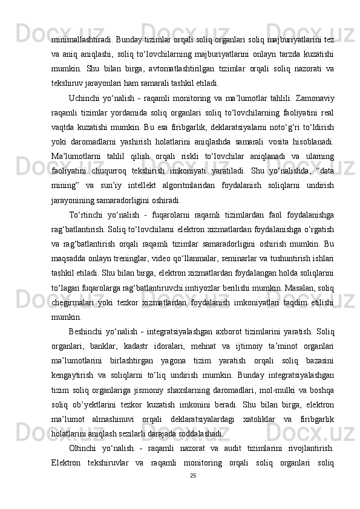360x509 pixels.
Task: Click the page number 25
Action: tap(192, 493)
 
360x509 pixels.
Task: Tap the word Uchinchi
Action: tap(85, 99)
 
